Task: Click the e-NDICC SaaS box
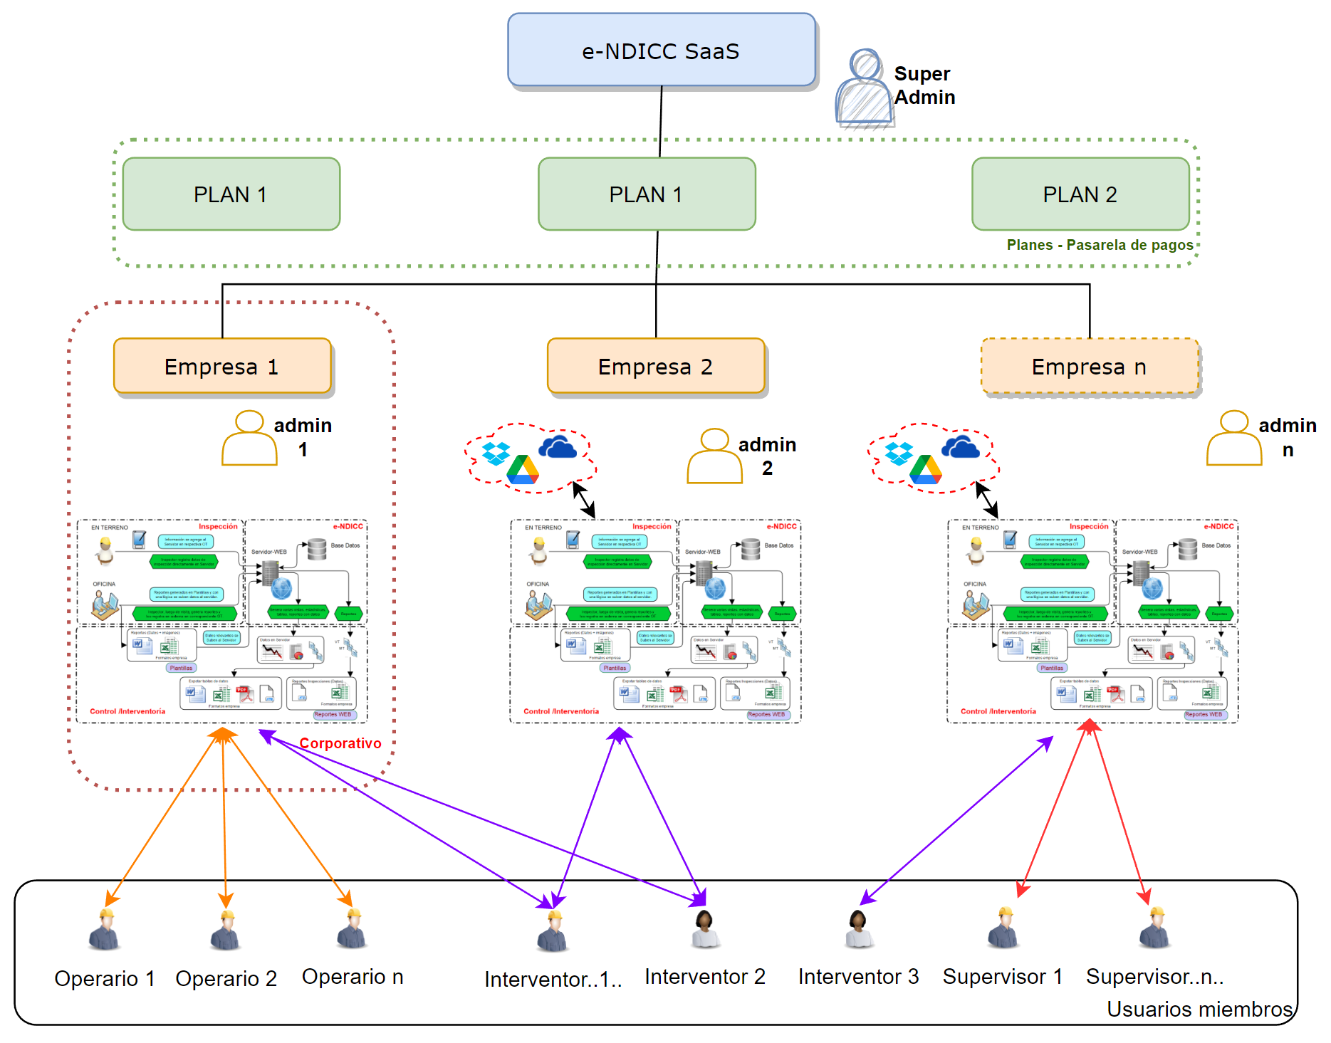[x=661, y=51]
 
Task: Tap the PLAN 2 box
[x=1080, y=194]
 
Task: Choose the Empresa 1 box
[x=222, y=367]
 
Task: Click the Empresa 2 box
[x=655, y=367]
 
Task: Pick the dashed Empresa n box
[x=1089, y=367]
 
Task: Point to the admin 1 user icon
[x=249, y=439]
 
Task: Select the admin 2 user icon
[x=714, y=456]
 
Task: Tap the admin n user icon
[x=1233, y=439]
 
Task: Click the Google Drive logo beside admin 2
[x=523, y=470]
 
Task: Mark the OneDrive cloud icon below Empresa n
[x=960, y=447]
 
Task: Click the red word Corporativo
[x=340, y=743]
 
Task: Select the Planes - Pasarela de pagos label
[x=1100, y=245]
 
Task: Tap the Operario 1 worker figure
[x=105, y=930]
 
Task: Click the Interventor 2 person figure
[x=705, y=930]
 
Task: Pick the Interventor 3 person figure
[x=858, y=930]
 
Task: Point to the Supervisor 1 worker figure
[x=1004, y=928]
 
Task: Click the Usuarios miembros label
[x=1199, y=1009]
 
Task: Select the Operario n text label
[x=353, y=977]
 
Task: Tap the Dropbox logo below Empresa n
[x=899, y=453]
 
